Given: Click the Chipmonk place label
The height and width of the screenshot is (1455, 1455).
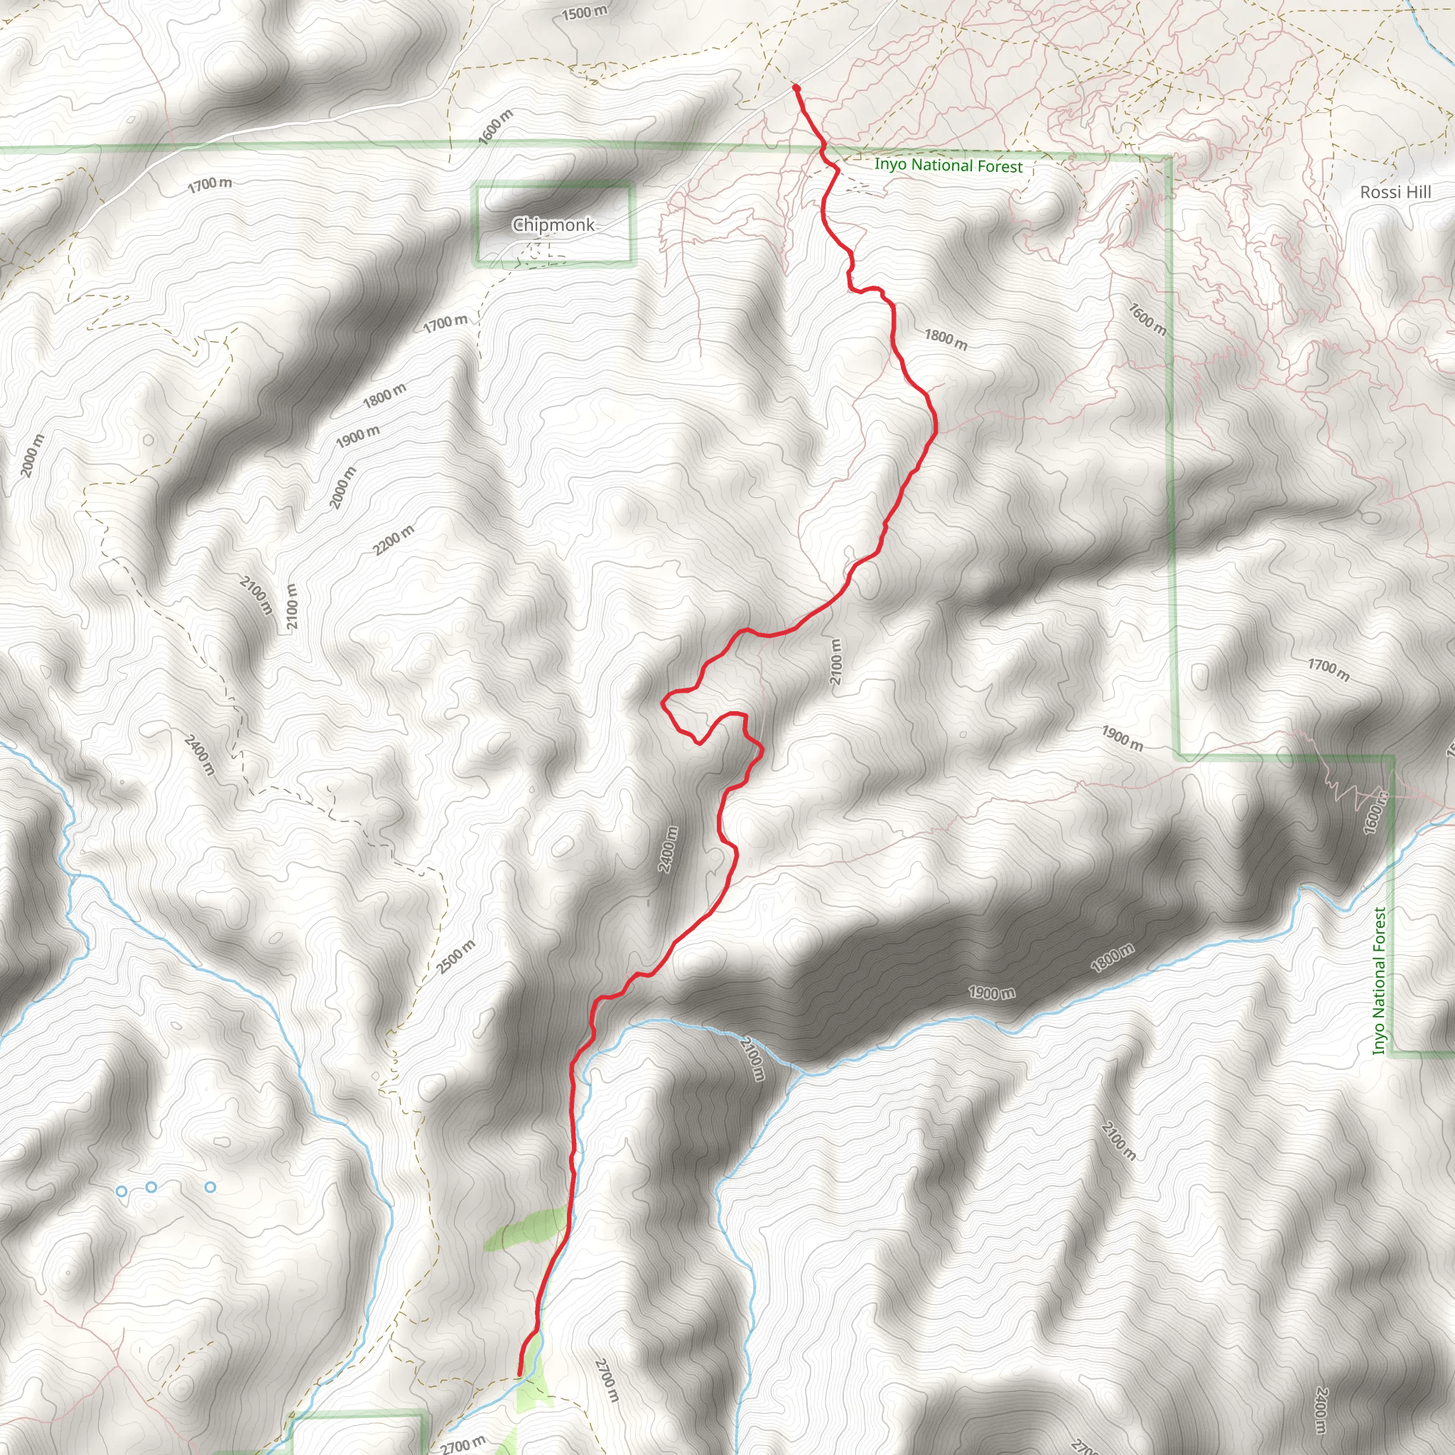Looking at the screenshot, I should pyautogui.click(x=553, y=225).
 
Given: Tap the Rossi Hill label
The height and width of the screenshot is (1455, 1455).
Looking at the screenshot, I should pyautogui.click(x=1395, y=192).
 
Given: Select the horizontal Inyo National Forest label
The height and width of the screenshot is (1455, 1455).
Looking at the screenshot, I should pyautogui.click(x=948, y=165).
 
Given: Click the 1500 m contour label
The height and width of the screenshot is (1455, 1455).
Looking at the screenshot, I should pyautogui.click(x=585, y=12).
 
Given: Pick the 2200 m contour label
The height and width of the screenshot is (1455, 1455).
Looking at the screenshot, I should pyautogui.click(x=394, y=539).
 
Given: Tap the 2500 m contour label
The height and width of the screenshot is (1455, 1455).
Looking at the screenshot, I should pyautogui.click(x=456, y=956).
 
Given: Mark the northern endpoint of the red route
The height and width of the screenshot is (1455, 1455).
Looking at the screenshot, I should pyautogui.click(x=796, y=88).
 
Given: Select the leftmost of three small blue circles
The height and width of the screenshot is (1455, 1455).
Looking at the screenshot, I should pyautogui.click(x=121, y=1191).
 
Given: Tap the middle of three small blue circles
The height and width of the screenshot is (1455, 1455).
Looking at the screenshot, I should pyautogui.click(x=151, y=1186).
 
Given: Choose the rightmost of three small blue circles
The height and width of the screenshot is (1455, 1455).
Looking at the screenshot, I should pyautogui.click(x=210, y=1186).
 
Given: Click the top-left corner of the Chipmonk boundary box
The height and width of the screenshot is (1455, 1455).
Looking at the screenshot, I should pyautogui.click(x=476, y=187).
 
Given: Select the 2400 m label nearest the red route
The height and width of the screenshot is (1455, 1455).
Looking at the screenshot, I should pyautogui.click(x=668, y=850).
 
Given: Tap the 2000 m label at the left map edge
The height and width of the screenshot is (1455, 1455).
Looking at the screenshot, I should pyautogui.click(x=33, y=455).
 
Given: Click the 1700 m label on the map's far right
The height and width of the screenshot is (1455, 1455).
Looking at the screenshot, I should pyautogui.click(x=1329, y=669).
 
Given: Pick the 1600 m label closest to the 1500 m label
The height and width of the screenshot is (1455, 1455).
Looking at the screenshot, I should pyautogui.click(x=496, y=126).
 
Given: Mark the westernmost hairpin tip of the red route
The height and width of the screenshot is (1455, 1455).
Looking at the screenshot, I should pyautogui.click(x=663, y=702).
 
